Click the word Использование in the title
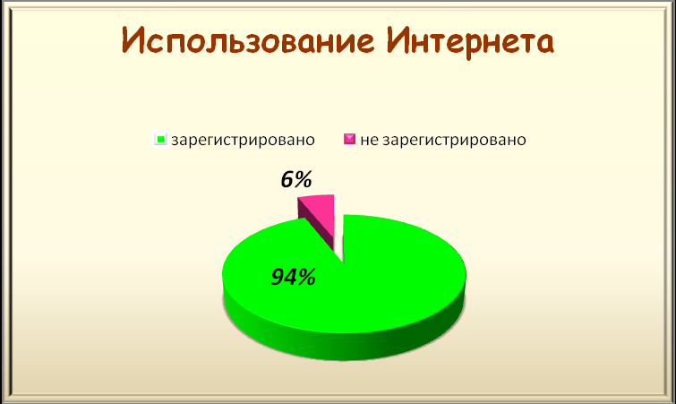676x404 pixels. click(x=248, y=41)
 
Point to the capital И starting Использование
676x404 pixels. click(x=133, y=40)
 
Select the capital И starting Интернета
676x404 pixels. click(x=398, y=40)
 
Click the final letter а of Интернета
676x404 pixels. click(x=544, y=45)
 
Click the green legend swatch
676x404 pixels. click(x=160, y=139)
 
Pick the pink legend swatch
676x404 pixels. click(x=350, y=139)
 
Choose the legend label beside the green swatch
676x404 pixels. click(x=243, y=140)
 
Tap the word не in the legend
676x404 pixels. click(x=369, y=140)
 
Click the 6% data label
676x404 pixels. click(x=296, y=179)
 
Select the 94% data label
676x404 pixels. click(x=293, y=277)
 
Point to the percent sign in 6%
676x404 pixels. click(x=304, y=179)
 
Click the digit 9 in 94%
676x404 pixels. click(x=278, y=277)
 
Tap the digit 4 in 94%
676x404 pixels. click(x=291, y=277)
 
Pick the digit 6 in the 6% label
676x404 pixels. click(x=287, y=180)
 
